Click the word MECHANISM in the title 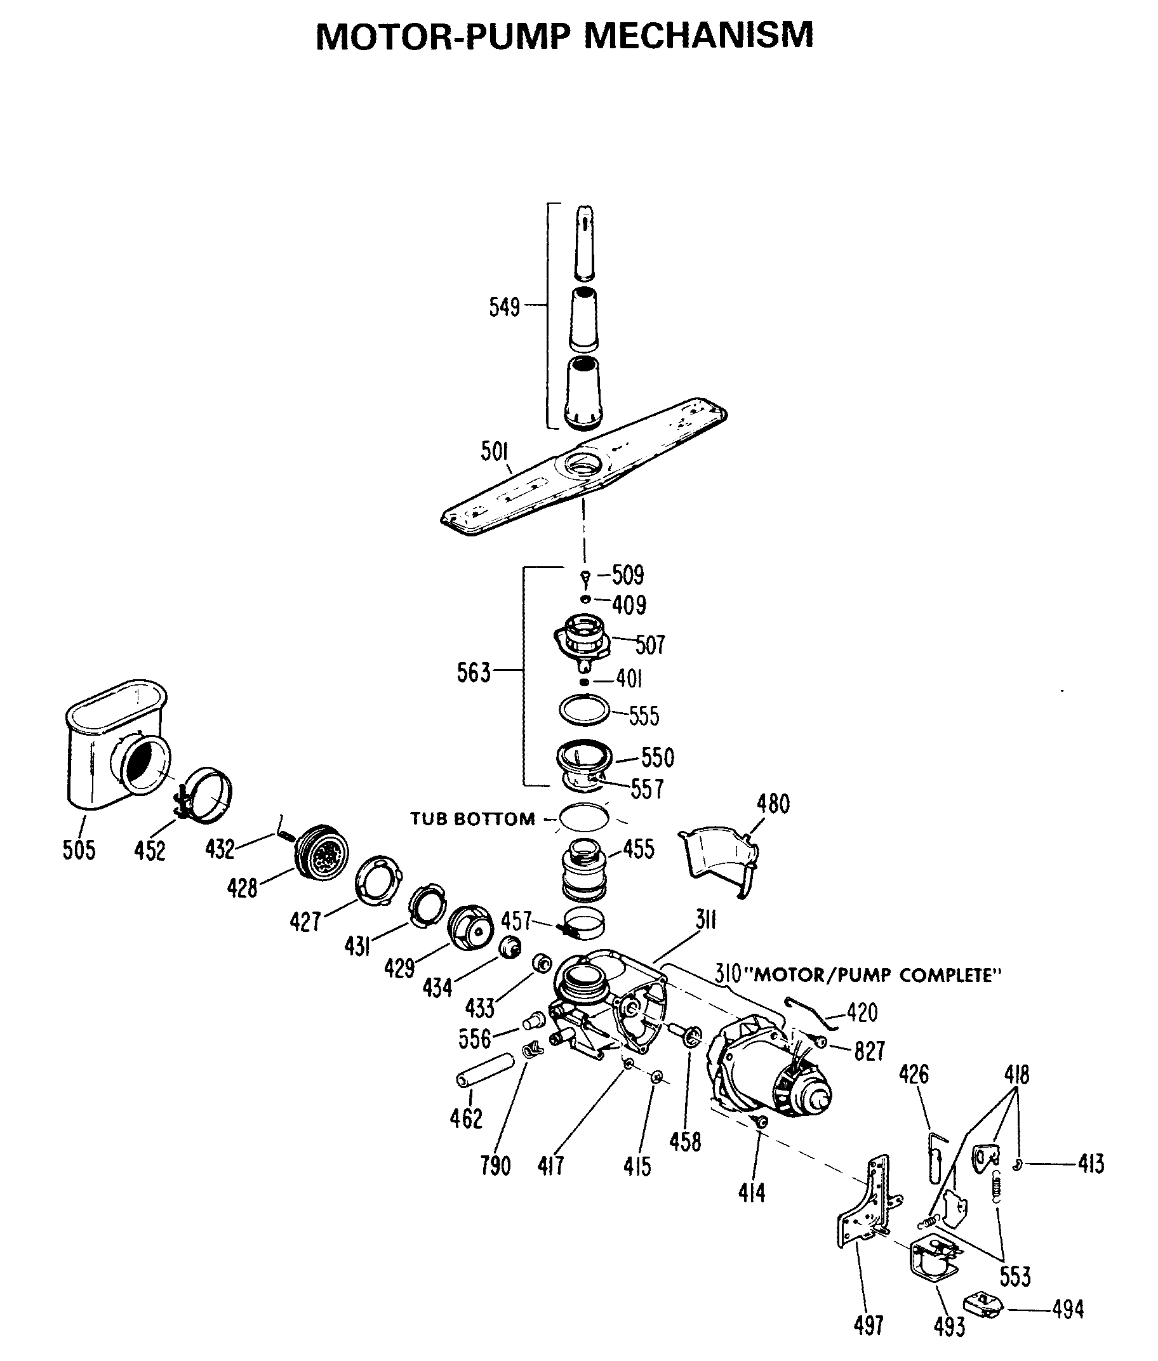pyautogui.click(x=698, y=36)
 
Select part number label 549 pyautogui.click(x=504, y=307)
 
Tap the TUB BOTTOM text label pyautogui.click(x=472, y=819)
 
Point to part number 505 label pyautogui.click(x=79, y=851)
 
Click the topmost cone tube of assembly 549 pyautogui.click(x=584, y=242)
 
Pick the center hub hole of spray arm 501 pyautogui.click(x=583, y=465)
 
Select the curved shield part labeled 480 pyautogui.click(x=719, y=859)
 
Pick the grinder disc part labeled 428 pyautogui.click(x=323, y=853)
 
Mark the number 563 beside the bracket pyautogui.click(x=474, y=674)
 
